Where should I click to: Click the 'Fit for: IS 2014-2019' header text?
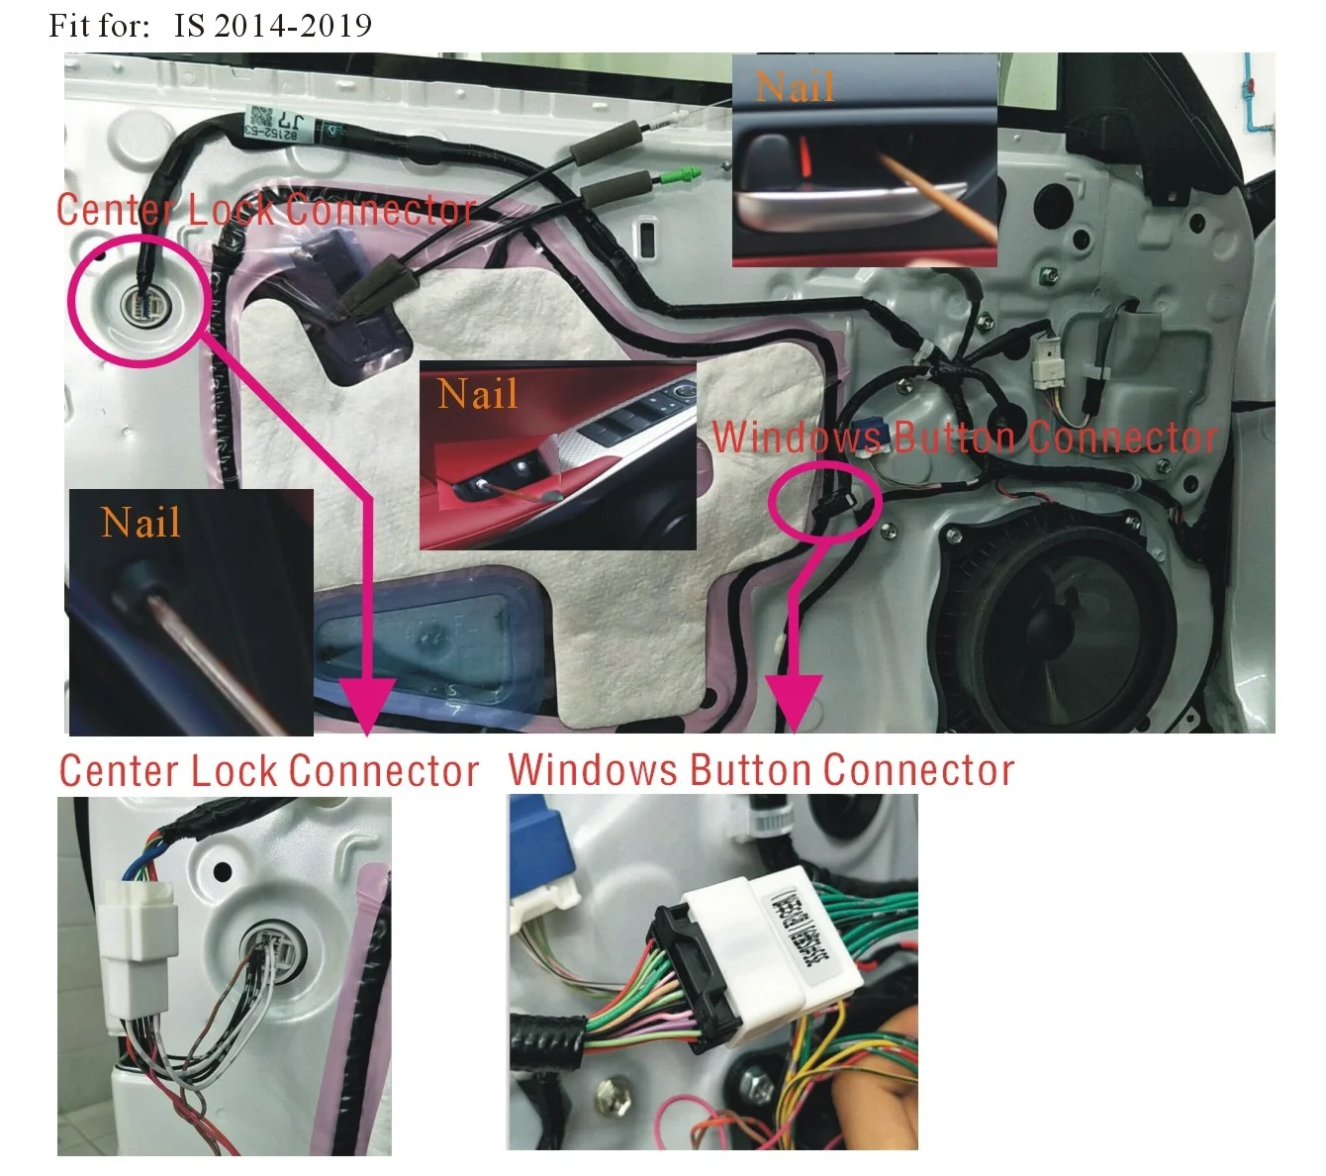(x=210, y=25)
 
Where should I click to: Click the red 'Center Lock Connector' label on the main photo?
(x=265, y=210)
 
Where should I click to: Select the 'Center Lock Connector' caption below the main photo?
(x=268, y=771)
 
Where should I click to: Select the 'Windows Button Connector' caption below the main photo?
(x=761, y=770)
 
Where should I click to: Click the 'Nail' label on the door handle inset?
(x=795, y=87)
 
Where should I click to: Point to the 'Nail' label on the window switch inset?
(x=477, y=394)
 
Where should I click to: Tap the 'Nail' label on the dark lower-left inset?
(x=141, y=522)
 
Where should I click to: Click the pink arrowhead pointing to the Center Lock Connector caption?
(x=367, y=706)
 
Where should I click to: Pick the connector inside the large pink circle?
(x=139, y=303)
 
